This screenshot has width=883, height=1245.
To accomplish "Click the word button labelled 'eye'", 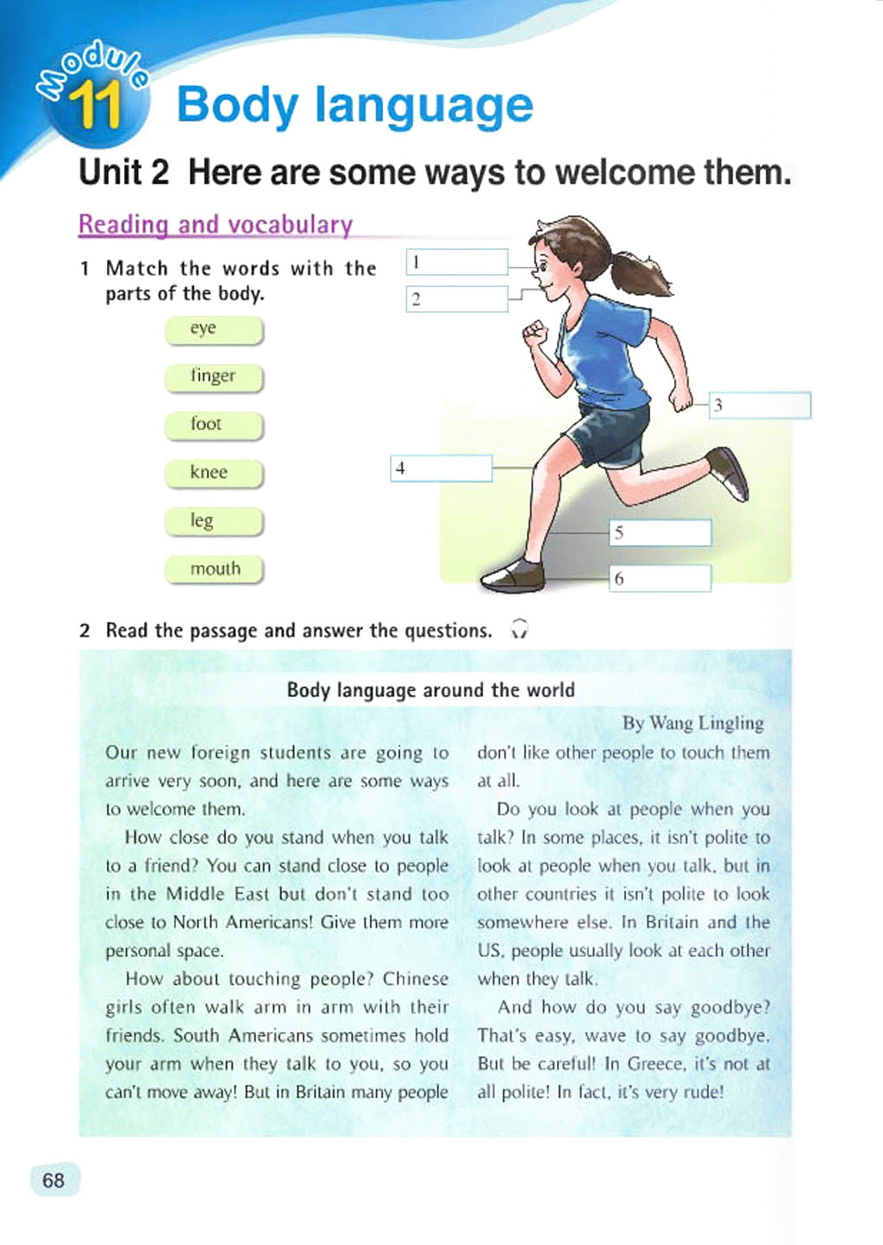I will coord(214,330).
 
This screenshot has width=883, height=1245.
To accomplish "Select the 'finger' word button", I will coord(214,377).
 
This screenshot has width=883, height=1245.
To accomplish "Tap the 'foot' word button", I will coord(214,425).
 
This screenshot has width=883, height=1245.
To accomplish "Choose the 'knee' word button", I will coord(214,473).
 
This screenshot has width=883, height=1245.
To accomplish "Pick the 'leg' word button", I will coord(214,521).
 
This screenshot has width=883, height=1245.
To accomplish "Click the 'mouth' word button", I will coord(214,570).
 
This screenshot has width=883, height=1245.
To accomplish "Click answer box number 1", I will coord(457,262).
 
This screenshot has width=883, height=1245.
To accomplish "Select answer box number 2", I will coord(457,299).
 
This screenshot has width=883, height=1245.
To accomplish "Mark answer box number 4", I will coord(441,468).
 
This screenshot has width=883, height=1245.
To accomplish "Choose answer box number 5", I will coord(661,532).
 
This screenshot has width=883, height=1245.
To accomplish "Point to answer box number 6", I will coord(661,578).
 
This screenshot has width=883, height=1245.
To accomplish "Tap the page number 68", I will coord(53,1180).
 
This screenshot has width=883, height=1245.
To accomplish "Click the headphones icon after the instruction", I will coord(519,630).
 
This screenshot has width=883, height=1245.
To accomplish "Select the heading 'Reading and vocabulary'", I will coord(216,225).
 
